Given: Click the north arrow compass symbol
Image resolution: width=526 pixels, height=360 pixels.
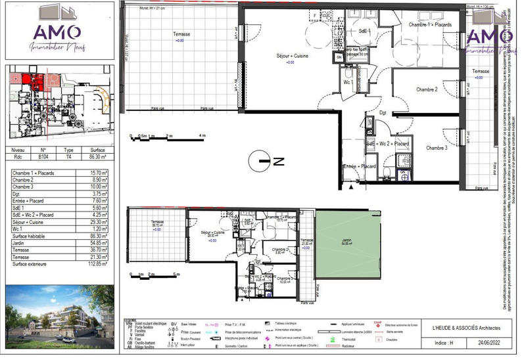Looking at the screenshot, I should click(262, 160).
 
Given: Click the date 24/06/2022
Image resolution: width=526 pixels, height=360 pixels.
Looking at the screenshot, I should click(488, 343).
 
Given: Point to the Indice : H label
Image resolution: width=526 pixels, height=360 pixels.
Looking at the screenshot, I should click(442, 343).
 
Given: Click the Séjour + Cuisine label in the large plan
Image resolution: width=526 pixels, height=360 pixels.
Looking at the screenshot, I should click(293, 56).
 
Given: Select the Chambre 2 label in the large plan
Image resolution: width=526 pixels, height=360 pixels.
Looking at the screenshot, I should click(427, 89).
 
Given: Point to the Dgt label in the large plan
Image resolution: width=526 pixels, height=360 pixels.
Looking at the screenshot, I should click(383, 113).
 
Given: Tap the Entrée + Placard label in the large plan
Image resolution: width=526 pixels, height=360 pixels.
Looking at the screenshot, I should click(360, 166).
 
